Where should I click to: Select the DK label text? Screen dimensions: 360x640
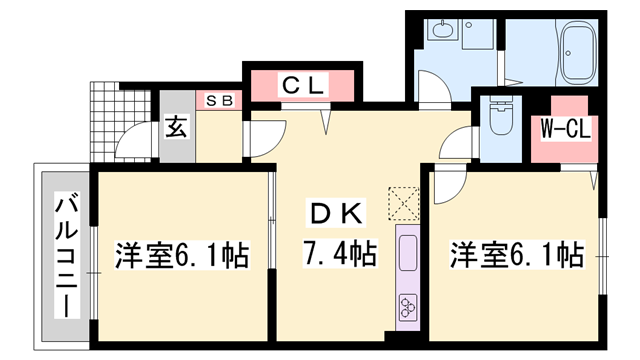(x=336, y=212)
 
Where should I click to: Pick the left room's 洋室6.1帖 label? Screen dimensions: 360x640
(x=183, y=254)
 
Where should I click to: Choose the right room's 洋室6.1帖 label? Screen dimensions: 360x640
(x=516, y=254)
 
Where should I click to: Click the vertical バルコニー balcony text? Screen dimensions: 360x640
(x=66, y=254)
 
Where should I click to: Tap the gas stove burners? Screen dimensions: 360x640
(x=408, y=305)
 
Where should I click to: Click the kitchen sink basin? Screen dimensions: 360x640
(x=408, y=254)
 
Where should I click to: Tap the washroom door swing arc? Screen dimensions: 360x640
(x=432, y=96)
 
